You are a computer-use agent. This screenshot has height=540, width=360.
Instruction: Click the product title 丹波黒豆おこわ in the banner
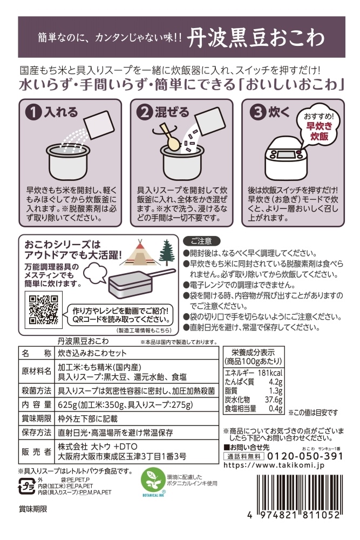tap(256, 38)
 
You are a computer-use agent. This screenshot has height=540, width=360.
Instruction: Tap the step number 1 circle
tap(33, 113)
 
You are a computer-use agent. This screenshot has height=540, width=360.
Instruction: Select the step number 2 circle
tap(144, 113)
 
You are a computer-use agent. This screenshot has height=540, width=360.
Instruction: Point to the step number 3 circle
tap(258, 113)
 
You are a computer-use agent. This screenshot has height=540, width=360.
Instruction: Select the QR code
tap(43, 309)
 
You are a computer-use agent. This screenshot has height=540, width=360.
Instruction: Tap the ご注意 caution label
tap(202, 241)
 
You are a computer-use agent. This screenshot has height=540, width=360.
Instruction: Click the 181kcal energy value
tap(270, 373)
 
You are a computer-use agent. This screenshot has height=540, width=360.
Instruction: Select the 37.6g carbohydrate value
tap(274, 400)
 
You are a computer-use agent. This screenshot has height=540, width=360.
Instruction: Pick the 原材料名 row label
tap(36, 372)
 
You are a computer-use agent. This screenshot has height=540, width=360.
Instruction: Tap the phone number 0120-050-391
tap(304, 456)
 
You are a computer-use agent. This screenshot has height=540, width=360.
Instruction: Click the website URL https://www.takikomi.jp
tap(274, 465)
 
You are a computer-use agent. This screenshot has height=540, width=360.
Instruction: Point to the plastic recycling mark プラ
tap(26, 486)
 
